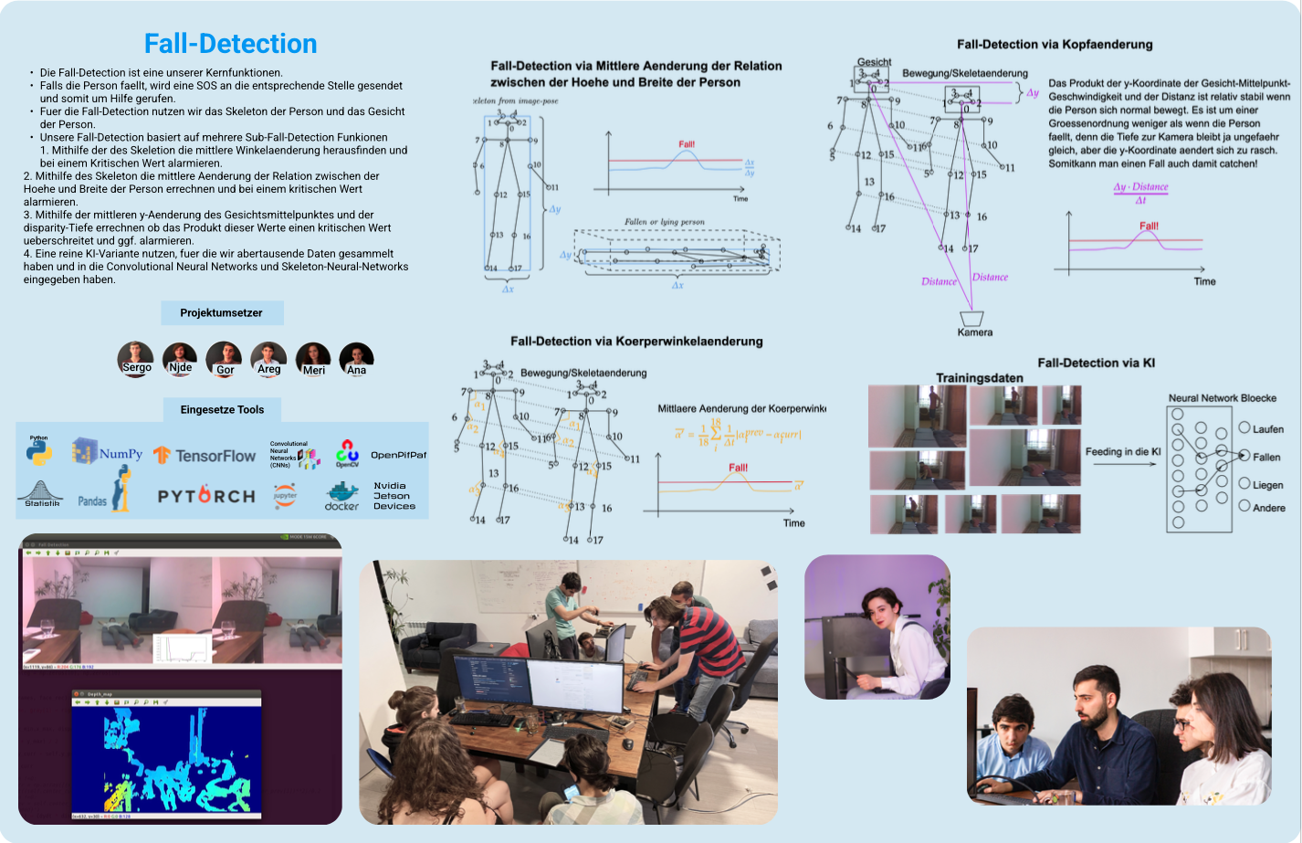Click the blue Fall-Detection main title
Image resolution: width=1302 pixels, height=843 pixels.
(230, 44)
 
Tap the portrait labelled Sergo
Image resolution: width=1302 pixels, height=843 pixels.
(136, 357)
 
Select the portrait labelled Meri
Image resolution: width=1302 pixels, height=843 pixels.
(313, 358)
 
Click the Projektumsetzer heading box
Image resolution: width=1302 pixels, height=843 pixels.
(222, 312)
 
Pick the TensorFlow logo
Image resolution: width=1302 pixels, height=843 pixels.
(205, 455)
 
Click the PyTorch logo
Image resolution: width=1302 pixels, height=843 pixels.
(206, 496)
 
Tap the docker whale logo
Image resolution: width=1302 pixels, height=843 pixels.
(341, 495)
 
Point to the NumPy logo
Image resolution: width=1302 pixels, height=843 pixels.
(108, 452)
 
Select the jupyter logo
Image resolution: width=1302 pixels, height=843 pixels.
(285, 495)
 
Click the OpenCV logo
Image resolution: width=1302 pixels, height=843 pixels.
(347, 453)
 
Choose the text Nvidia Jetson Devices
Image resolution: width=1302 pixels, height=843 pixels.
(394, 496)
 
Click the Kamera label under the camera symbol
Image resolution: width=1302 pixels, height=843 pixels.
(974, 332)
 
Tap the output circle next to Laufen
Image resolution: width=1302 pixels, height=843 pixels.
(1244, 427)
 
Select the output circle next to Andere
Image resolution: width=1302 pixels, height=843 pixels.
(1244, 506)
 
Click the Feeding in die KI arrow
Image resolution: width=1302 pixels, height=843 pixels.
(1124, 464)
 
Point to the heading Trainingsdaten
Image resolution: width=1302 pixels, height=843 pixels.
(979, 377)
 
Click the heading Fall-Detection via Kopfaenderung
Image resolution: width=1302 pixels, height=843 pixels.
(1055, 44)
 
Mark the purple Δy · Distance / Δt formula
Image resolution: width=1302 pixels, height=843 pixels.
(1140, 193)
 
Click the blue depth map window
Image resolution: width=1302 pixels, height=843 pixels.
(166, 754)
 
